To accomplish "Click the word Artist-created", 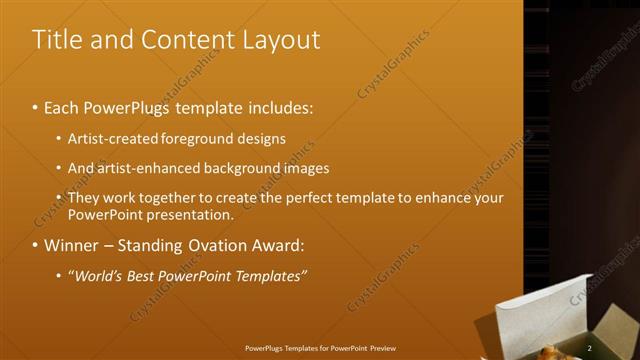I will [x=112, y=138].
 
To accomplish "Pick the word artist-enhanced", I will [x=148, y=168].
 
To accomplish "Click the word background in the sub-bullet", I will [x=251, y=168].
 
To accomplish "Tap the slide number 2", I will [x=590, y=348].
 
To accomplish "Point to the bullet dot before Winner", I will [x=36, y=245].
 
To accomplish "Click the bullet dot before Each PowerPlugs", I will [x=36, y=105].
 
